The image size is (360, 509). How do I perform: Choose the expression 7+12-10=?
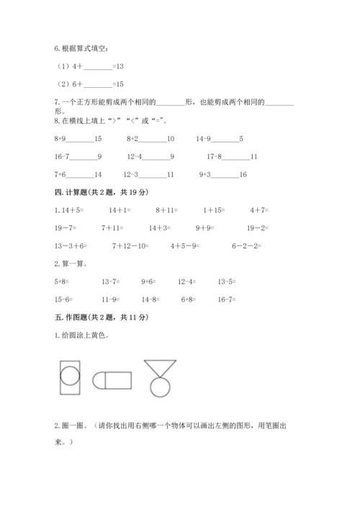130,246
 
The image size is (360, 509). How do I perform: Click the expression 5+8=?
63,281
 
